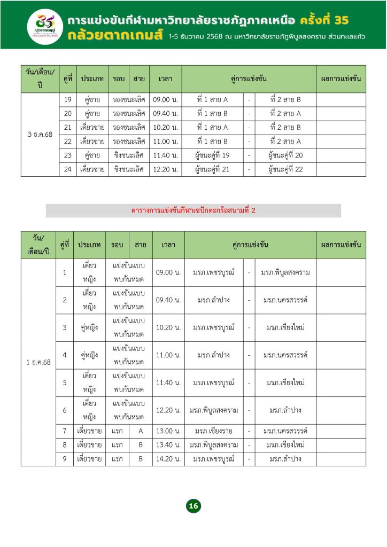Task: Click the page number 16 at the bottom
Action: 193,506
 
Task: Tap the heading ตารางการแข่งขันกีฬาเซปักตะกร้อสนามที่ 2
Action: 193,210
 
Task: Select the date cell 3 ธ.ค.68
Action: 40,135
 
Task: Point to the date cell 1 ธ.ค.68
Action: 38,362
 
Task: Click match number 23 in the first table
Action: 68,155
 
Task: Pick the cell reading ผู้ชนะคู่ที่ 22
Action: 285,169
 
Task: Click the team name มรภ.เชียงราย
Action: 213,431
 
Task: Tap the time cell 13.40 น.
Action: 168,445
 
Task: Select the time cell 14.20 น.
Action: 168,459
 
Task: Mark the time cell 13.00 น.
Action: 168,431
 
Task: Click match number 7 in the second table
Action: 64,431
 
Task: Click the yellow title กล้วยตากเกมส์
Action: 115,37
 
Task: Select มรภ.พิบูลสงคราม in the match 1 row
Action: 285,273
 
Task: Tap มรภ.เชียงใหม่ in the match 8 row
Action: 285,445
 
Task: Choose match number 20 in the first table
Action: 68,114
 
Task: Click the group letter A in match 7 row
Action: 141,431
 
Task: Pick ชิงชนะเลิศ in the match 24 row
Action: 129,169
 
